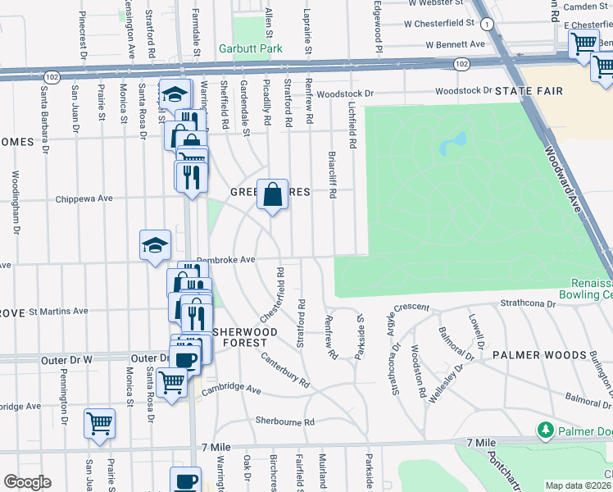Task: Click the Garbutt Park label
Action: pos(250,49)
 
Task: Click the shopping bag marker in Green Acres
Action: pos(273,195)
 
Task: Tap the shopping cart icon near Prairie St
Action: pos(99,424)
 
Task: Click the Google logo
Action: pos(27,481)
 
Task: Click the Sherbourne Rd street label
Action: pos(285,421)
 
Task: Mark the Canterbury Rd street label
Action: pos(286,370)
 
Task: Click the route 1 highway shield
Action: pos(488,25)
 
